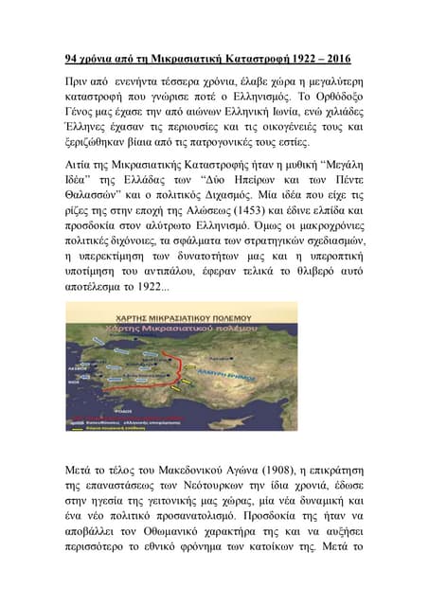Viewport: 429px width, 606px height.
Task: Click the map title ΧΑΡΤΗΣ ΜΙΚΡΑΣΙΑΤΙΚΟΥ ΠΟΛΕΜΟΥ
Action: [x=179, y=313]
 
